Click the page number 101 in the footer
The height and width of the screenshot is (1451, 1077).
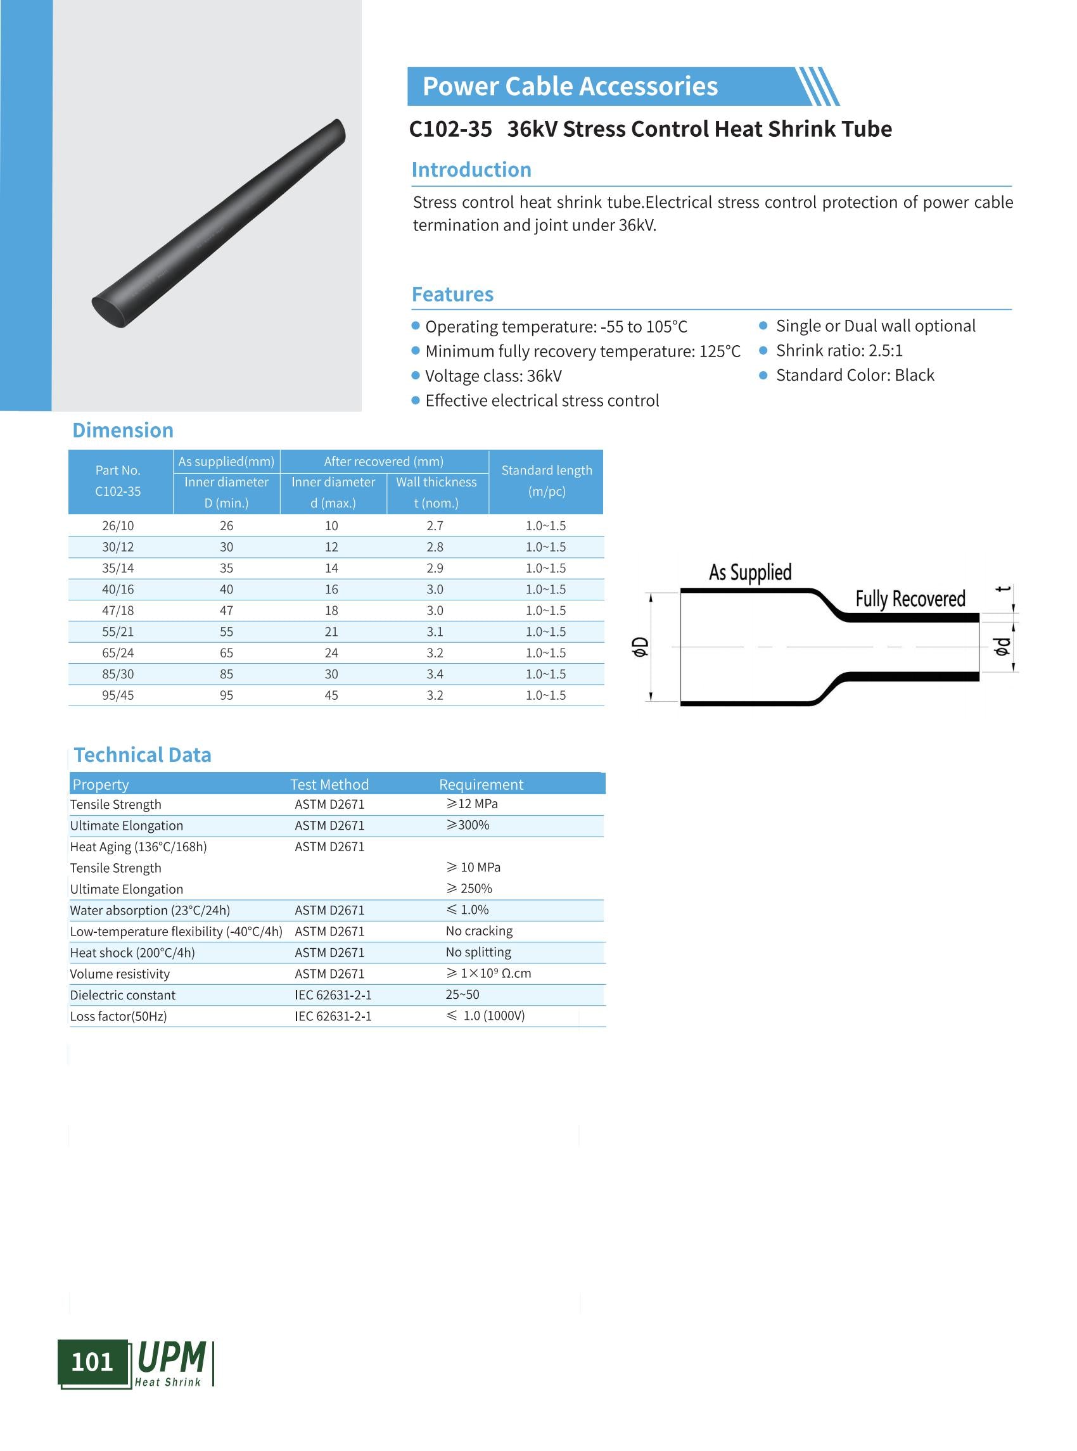click(92, 1362)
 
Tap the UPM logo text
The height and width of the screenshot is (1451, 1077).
click(172, 1357)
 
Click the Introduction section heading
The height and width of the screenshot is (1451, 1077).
click(471, 170)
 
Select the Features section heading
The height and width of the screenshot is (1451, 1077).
click(452, 294)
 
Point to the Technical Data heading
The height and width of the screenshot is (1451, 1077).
click(142, 755)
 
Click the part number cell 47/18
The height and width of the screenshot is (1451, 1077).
click(117, 611)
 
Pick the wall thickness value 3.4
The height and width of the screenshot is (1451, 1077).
click(434, 674)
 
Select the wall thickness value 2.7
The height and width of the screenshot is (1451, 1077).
click(434, 526)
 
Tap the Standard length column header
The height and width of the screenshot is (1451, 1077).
click(546, 481)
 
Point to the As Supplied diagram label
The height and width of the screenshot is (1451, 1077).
click(749, 573)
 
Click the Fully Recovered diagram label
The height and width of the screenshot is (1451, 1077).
click(910, 599)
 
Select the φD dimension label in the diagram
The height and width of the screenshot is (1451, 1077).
click(641, 647)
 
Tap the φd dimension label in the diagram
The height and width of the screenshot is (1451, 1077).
click(1002, 646)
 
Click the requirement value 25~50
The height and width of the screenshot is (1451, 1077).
click(462, 994)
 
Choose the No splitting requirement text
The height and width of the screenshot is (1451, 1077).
click(478, 952)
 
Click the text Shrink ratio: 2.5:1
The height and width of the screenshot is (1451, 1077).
click(838, 351)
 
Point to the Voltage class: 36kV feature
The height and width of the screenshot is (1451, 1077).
click(493, 376)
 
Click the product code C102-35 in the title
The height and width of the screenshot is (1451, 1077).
click(450, 129)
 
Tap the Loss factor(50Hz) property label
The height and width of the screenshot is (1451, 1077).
click(118, 1015)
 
